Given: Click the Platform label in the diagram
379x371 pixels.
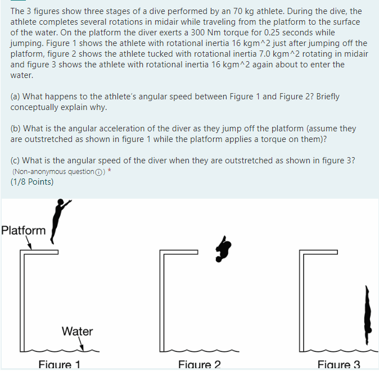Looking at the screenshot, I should click(24, 230).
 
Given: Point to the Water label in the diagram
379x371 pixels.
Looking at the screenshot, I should click(77, 331).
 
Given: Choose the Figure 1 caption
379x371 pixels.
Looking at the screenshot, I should click(60, 365).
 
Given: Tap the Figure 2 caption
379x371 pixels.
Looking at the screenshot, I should click(199, 365).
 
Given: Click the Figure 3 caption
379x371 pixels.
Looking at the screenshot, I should click(339, 365).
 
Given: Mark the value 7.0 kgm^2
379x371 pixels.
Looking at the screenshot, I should click(253, 54).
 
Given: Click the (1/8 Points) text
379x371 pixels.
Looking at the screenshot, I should click(32, 182).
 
